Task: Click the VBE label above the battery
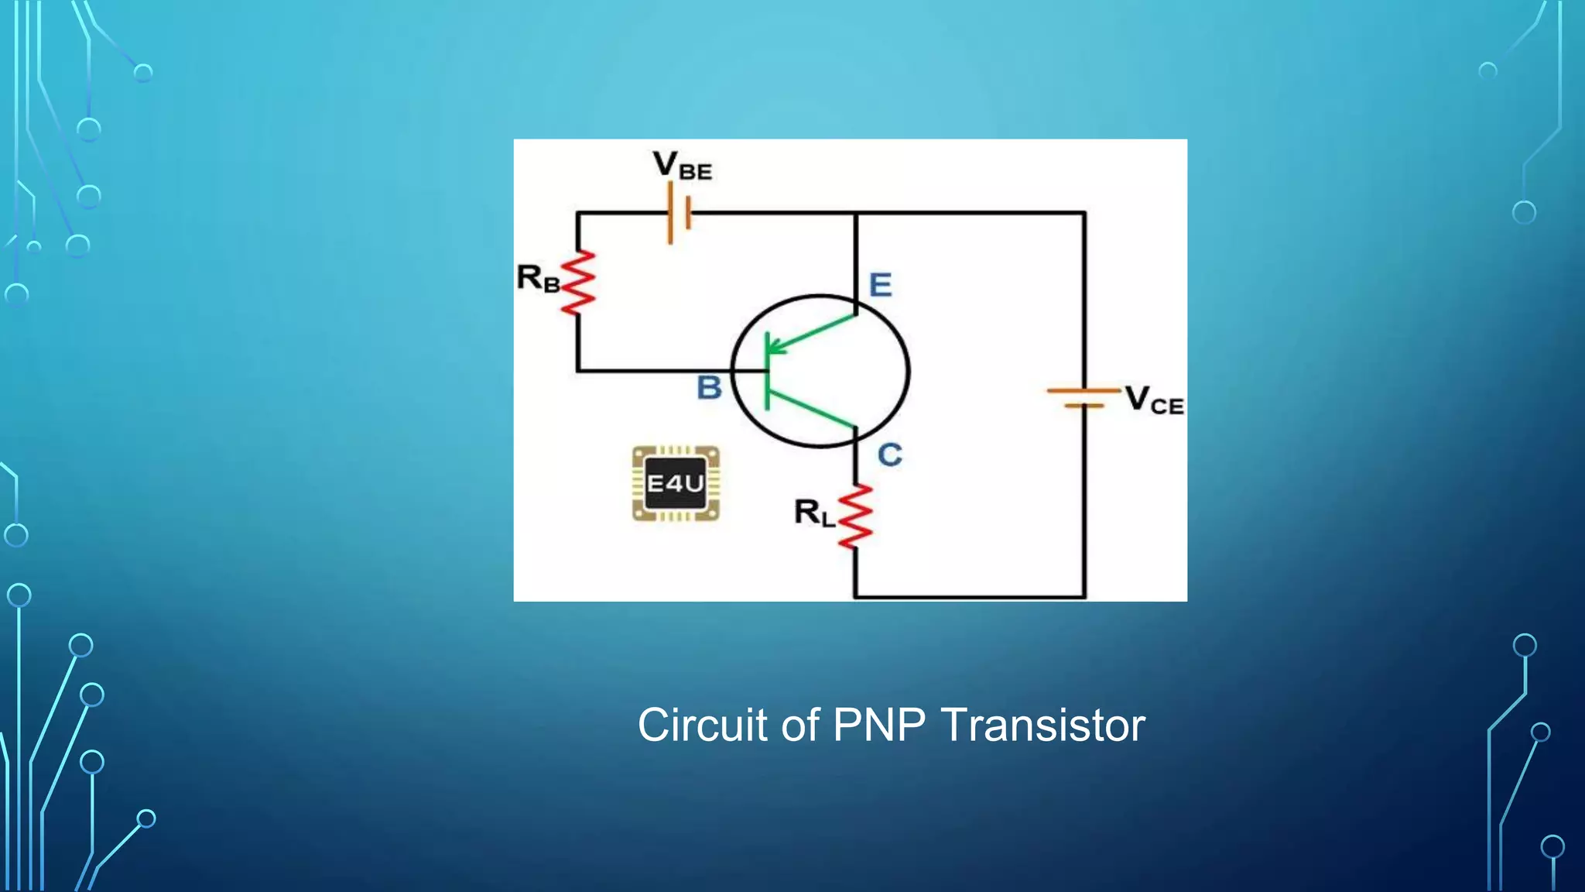tap(682, 166)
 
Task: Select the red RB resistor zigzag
tap(578, 283)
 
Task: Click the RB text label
tap(538, 278)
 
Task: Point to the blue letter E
tap(880, 285)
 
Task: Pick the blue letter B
tap(709, 387)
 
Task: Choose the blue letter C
tap(889, 455)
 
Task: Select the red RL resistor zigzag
tap(855, 517)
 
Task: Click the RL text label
tap(814, 513)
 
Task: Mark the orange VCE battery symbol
tap(1083, 397)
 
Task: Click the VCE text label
tap(1153, 400)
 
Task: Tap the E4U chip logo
tap(676, 484)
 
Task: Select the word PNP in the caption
tap(878, 726)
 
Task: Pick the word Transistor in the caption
tap(1042, 726)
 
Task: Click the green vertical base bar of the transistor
tap(767, 372)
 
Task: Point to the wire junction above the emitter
tap(856, 212)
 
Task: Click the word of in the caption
tap(800, 726)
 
